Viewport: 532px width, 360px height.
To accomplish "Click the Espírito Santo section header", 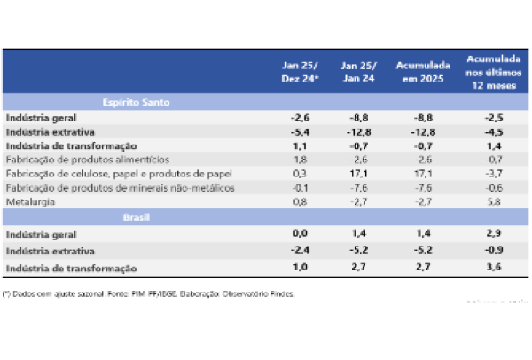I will point(135,102).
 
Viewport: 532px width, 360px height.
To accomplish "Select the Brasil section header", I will point(135,216).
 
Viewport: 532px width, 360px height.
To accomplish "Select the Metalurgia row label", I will point(30,202).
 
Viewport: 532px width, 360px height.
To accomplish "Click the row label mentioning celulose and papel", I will point(103,174).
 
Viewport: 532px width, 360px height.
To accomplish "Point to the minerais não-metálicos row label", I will point(106,188).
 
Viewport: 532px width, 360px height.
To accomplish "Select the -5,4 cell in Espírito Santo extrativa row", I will point(299,131).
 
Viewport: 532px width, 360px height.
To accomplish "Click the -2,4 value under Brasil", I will point(299,250).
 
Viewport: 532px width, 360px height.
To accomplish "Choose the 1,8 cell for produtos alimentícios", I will point(299,160).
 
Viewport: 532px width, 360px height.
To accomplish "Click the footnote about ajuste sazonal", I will point(150,293).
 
